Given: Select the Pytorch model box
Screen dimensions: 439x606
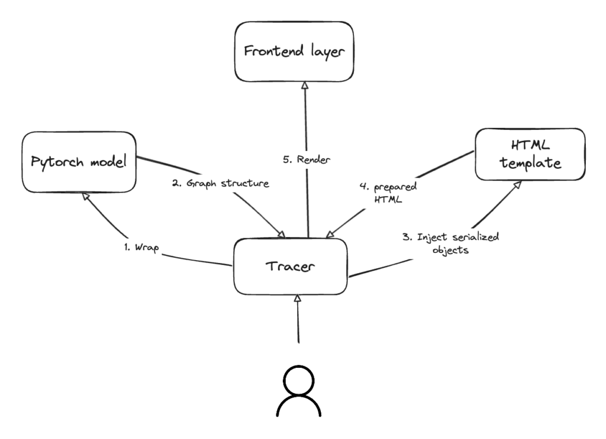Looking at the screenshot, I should [79, 162].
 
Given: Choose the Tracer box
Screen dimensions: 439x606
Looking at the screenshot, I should [289, 266].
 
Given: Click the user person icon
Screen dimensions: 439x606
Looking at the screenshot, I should [299, 390].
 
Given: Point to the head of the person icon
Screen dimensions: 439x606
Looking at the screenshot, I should [299, 379].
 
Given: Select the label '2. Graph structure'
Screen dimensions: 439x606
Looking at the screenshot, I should [220, 184].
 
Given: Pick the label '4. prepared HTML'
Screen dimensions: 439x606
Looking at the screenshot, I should [388, 194].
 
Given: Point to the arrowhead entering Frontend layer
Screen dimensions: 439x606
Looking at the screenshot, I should [305, 86].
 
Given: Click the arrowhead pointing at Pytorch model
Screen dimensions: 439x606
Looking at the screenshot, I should [85, 197].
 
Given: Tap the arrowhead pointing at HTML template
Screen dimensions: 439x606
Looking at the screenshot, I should [516, 185].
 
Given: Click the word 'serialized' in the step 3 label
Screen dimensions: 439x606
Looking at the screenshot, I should [476, 238].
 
